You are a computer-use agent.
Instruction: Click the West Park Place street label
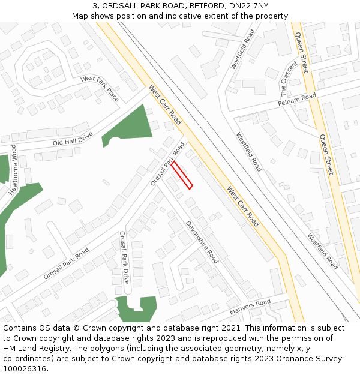tap(100, 88)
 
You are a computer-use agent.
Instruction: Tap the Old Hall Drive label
tap(73, 139)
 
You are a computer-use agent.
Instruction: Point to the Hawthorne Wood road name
tap(13, 171)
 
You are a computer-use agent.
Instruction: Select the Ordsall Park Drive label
tap(124, 257)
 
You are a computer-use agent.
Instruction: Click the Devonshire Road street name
tap(202, 242)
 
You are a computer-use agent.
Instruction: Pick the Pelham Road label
tap(296, 100)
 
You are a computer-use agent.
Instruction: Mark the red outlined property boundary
tap(182, 175)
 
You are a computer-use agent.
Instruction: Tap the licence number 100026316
tap(25, 369)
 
